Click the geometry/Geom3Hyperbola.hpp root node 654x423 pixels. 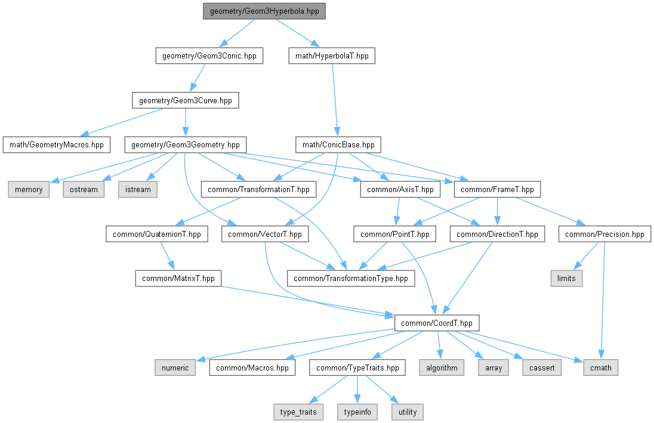[264, 11]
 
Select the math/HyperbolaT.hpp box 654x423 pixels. [332, 56]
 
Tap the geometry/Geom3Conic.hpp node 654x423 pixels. [209, 56]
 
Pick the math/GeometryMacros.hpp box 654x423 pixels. [57, 145]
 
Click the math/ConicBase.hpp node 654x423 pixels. [338, 145]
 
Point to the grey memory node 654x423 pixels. [29, 189]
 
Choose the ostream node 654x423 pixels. [84, 189]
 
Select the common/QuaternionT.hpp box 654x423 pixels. [157, 234]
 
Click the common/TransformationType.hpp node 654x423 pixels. [351, 278]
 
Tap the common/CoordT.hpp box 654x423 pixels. [437, 323]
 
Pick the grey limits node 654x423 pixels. [566, 278]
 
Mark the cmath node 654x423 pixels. [601, 368]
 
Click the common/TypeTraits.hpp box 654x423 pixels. [357, 368]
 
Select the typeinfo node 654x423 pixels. [357, 412]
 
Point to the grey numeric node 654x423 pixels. [175, 368]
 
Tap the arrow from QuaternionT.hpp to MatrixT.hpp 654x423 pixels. [167, 256]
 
